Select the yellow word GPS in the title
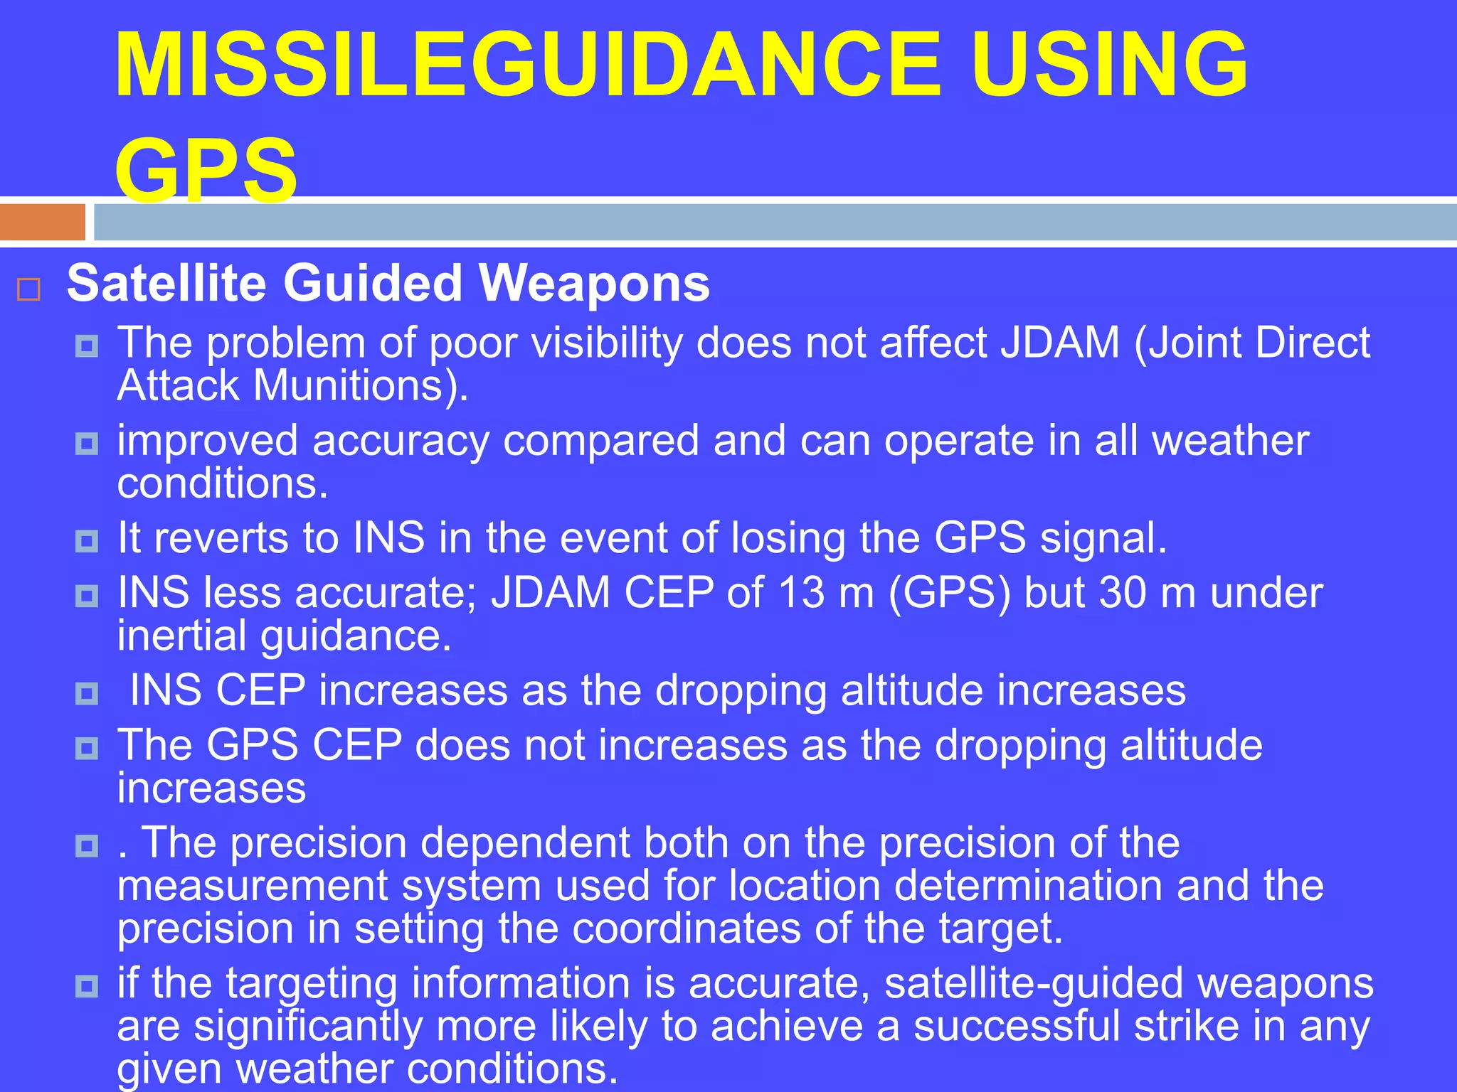[206, 171]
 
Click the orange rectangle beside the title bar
[43, 223]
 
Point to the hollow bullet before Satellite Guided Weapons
[28, 289]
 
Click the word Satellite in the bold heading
[166, 283]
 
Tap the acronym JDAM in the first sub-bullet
[1060, 343]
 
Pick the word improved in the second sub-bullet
[207, 441]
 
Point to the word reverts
[221, 537]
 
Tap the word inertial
[182, 635]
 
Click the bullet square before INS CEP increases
[87, 693]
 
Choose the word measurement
[253, 886]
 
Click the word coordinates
[687, 928]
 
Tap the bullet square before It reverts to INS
[87, 542]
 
